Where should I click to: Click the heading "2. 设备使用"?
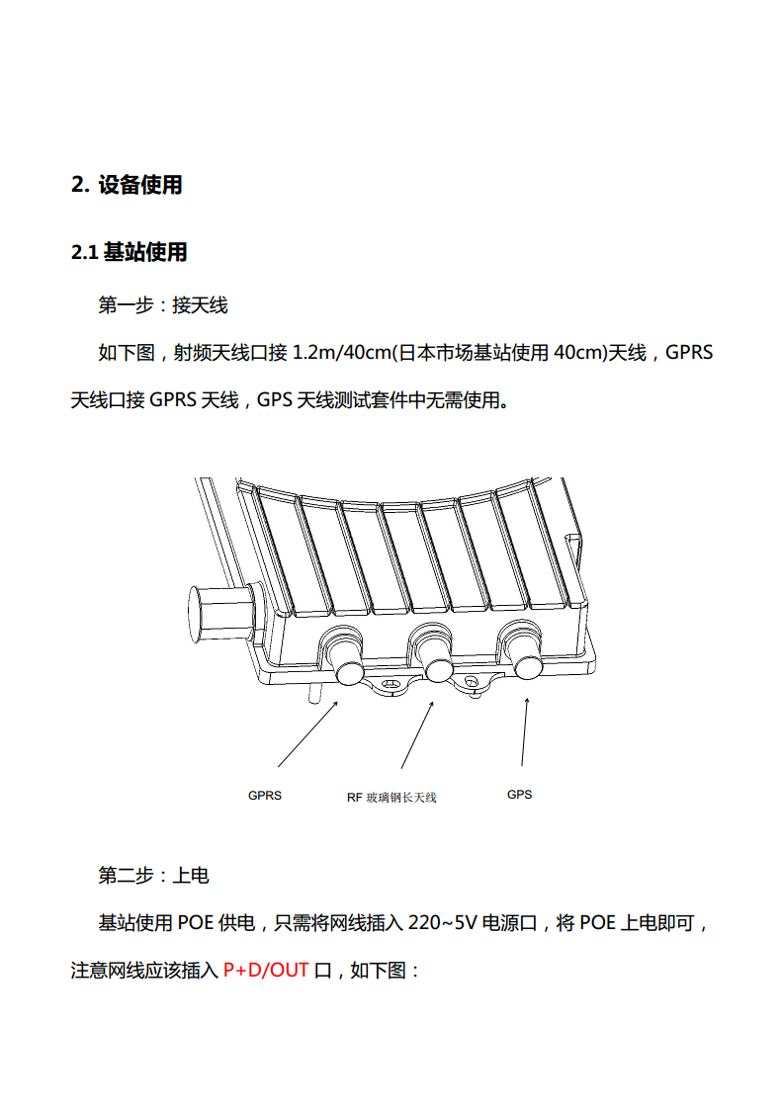[127, 185]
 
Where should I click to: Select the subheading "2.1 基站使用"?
[129, 252]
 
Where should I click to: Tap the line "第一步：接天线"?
[163, 305]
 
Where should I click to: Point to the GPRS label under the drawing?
[265, 796]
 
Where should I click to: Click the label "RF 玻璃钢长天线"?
[392, 798]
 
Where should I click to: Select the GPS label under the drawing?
[519, 795]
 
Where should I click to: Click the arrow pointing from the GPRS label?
[307, 734]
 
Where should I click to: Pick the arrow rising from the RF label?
[417, 734]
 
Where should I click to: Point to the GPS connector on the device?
[524, 649]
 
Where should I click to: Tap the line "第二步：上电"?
[153, 876]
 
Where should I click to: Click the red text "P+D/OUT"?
[266, 970]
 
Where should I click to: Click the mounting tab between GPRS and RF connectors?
[390, 685]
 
